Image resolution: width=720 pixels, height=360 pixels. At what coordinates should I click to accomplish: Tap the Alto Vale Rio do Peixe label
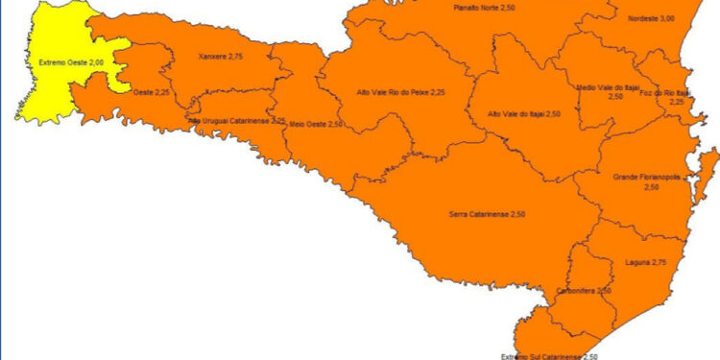[400, 93]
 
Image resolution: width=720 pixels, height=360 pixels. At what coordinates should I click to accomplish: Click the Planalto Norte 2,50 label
[486, 8]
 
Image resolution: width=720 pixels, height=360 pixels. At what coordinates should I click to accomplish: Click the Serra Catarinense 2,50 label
[489, 212]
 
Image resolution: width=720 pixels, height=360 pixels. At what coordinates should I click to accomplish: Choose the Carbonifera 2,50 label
[584, 290]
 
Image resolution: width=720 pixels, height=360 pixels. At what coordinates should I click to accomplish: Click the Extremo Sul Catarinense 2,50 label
[549, 355]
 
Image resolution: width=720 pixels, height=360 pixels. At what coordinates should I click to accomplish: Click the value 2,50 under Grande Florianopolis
[652, 188]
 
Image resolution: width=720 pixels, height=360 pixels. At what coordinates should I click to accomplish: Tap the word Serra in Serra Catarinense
[460, 212]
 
